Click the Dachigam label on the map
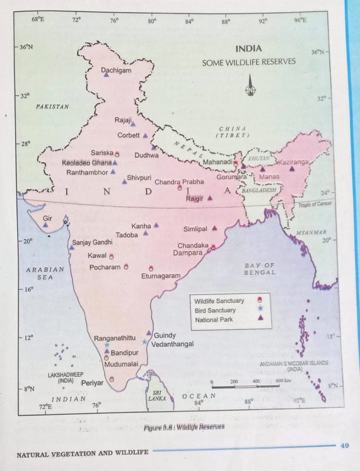(x=116, y=70)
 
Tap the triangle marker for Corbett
(x=145, y=136)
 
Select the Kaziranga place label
(x=293, y=162)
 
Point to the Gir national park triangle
(x=45, y=225)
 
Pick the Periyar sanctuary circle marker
(x=112, y=379)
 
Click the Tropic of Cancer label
(x=315, y=204)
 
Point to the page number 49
(x=345, y=446)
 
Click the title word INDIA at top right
(x=248, y=49)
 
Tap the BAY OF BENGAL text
(x=260, y=269)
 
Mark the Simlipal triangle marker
(x=214, y=228)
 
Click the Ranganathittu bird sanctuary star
(x=107, y=345)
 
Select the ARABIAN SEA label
(x=45, y=273)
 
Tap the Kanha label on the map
(x=141, y=226)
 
